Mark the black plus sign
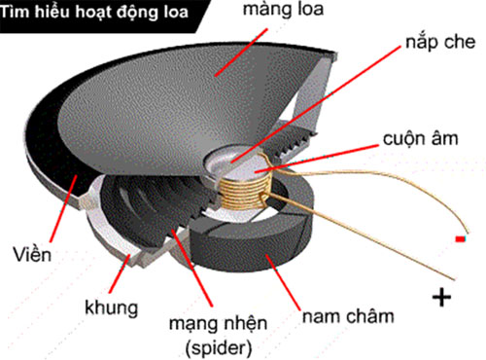440,297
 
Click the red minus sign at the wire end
458,238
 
